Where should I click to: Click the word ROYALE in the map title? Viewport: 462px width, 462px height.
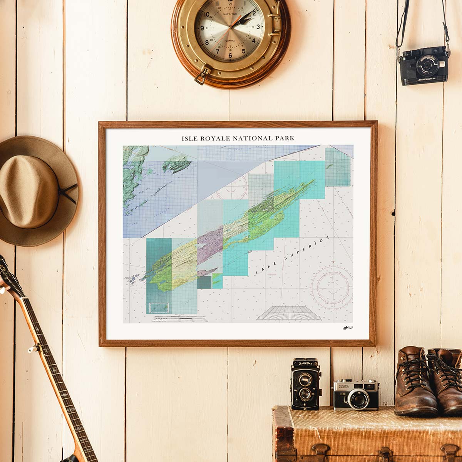215,138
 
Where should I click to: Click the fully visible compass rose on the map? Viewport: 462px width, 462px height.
332,287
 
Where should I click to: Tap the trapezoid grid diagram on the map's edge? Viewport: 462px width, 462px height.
289,313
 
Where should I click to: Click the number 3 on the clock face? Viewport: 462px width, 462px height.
258,27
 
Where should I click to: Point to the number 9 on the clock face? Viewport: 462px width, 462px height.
203,28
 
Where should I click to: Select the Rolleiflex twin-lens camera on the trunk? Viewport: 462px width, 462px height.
305,384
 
